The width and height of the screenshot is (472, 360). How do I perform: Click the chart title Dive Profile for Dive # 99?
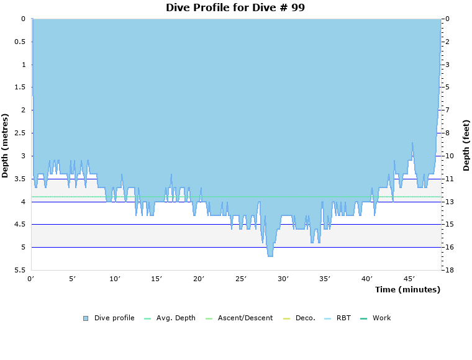point(235,7)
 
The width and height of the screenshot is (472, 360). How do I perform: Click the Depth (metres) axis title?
point(6,145)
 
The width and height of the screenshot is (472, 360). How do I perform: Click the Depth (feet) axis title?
point(466,145)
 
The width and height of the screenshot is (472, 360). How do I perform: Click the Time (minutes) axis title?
point(407,289)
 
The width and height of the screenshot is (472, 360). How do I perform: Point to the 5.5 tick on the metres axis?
point(20,270)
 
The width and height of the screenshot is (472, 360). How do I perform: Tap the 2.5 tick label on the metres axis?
point(20,133)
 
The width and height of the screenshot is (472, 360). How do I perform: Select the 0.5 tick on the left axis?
point(20,42)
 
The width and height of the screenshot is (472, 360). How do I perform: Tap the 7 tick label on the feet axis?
point(448,110)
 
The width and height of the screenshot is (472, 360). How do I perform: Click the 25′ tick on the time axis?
point(241,279)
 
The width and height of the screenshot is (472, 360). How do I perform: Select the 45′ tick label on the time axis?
point(409,279)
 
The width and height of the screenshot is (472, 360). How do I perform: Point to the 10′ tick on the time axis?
point(115,279)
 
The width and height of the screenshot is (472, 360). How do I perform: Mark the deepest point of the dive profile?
point(270,256)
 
